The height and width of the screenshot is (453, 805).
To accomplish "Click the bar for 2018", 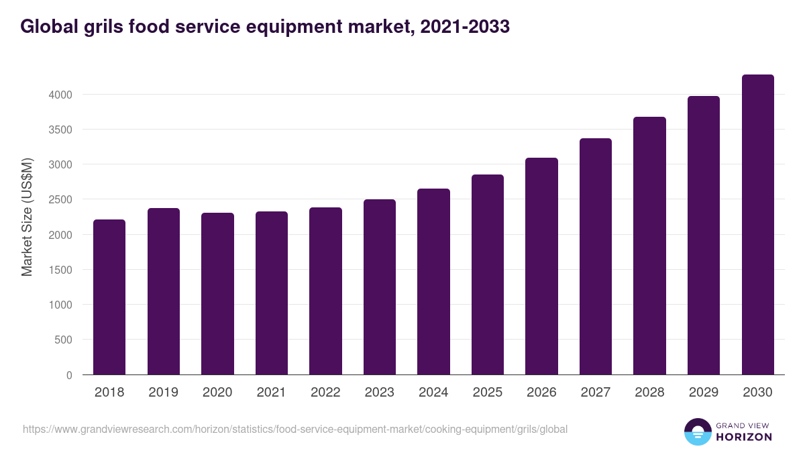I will (109, 297).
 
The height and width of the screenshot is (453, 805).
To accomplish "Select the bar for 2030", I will (757, 224).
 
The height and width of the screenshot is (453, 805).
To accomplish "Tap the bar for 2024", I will (433, 281).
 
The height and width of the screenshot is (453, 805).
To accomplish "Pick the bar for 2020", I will (217, 293).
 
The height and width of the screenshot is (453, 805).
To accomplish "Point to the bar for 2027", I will (596, 256).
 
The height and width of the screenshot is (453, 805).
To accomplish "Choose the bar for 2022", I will (325, 291).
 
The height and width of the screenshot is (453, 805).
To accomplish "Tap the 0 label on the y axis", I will (68, 375).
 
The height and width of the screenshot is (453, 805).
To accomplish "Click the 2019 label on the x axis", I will (163, 393).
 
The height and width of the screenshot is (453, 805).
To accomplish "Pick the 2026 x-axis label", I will (541, 393).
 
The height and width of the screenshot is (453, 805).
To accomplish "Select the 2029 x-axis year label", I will (704, 393).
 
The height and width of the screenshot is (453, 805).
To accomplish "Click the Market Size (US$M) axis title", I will (27, 217).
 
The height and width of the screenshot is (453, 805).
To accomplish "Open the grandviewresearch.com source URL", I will (295, 429).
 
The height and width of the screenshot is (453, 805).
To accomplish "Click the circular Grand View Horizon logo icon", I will (697, 432).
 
